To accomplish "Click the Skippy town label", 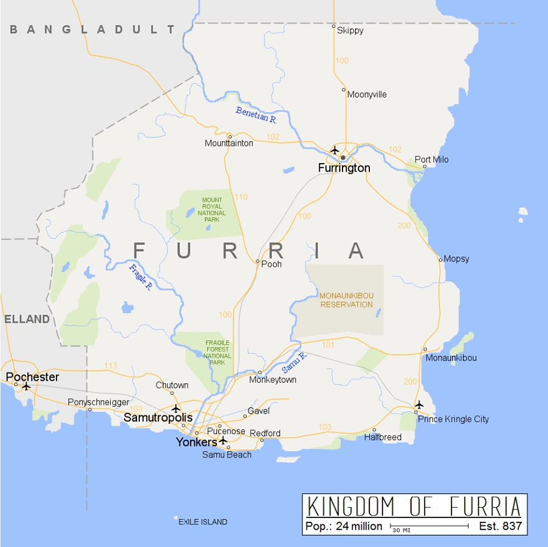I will (x=350, y=30).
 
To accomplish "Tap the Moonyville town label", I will (x=367, y=95).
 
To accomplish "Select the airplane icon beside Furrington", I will (x=335, y=150).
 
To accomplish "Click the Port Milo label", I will (x=432, y=160).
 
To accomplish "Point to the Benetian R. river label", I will (x=256, y=115).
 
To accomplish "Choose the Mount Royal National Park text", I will (x=212, y=210).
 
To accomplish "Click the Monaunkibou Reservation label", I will (x=346, y=300).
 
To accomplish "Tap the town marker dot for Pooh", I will (x=258, y=262).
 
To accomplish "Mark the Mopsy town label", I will (x=456, y=259).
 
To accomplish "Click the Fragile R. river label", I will (x=140, y=278).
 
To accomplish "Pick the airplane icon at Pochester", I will (x=26, y=386).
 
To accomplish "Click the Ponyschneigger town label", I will (x=99, y=402).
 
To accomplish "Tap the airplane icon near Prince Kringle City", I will (x=420, y=404).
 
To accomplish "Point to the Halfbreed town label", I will (x=383, y=437).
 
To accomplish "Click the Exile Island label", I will (x=203, y=522).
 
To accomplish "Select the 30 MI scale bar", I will (x=429, y=526).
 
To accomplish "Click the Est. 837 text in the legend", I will (x=500, y=526).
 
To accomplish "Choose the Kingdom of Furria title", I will (x=414, y=507).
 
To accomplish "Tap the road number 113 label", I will (x=111, y=366).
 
